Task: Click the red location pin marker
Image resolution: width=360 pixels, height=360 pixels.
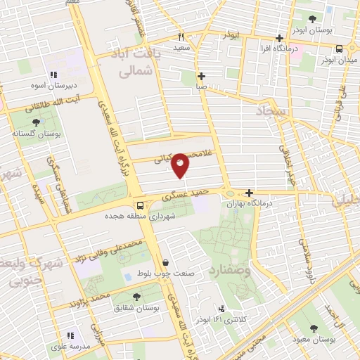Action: tap(181, 165)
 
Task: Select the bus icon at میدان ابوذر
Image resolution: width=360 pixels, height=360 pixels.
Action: tap(340, 49)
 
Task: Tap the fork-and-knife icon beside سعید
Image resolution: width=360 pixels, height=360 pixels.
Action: tap(180, 37)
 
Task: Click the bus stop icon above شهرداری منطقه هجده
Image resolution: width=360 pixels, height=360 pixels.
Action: tap(140, 205)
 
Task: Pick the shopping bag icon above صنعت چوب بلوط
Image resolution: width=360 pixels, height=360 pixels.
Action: tap(165, 262)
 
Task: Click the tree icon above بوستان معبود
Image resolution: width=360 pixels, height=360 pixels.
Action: tap(313, 328)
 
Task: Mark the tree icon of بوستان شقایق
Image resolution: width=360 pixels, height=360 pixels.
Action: tap(136, 297)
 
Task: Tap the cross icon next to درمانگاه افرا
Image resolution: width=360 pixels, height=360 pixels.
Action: tap(280, 39)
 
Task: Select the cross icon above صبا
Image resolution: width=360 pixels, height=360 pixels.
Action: tap(202, 76)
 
